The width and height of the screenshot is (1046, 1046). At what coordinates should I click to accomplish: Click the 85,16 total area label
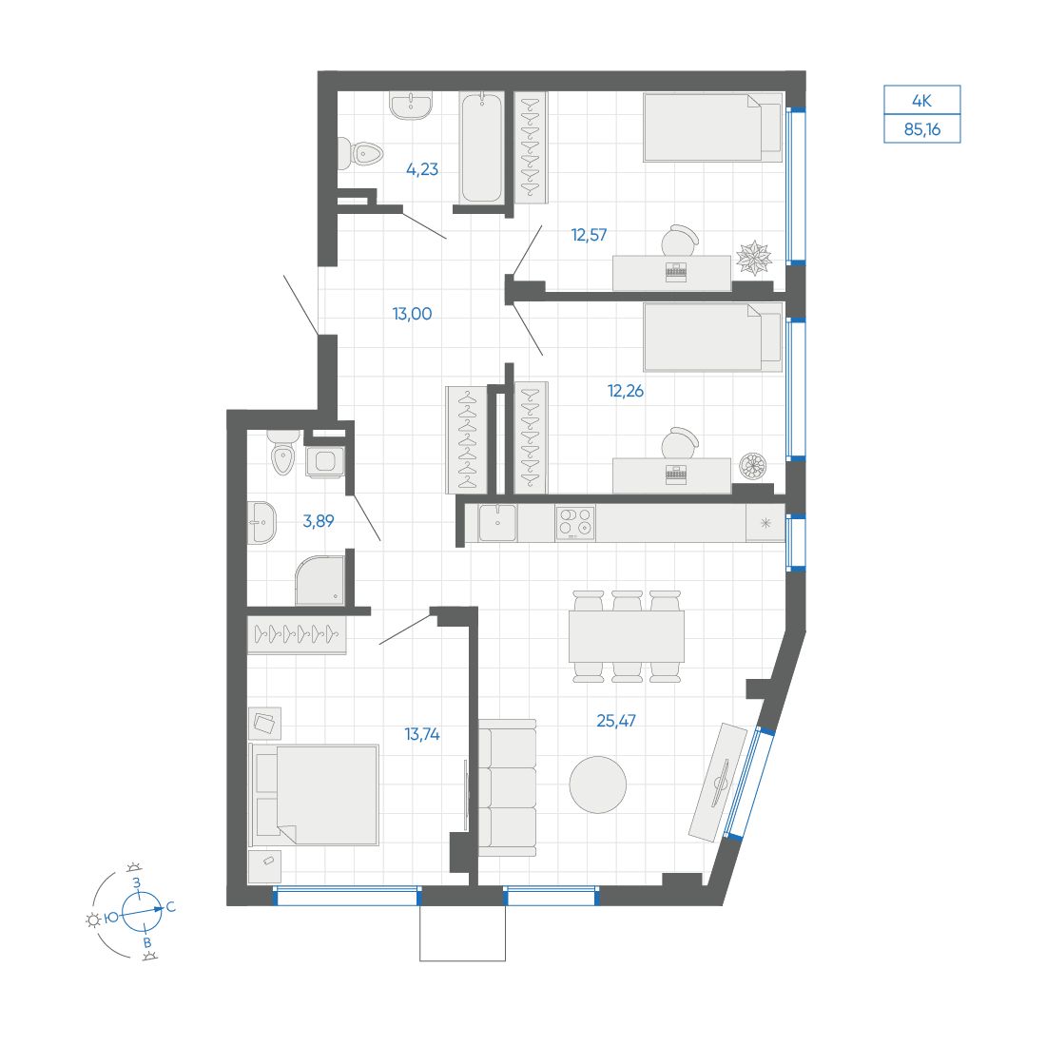[x=921, y=129]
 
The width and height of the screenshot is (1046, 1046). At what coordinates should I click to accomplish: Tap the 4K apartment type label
[x=921, y=100]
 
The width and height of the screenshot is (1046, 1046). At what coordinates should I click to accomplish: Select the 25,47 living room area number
[x=615, y=721]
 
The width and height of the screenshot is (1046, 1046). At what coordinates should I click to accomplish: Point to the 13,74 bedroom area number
[x=422, y=733]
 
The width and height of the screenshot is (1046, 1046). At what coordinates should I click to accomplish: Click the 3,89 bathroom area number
[x=318, y=521]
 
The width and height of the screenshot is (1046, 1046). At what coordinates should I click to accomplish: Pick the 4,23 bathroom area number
[x=421, y=170]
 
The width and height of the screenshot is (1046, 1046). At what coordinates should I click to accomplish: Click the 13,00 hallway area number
[x=412, y=313]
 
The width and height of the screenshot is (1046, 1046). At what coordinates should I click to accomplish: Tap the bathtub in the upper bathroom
[x=481, y=147]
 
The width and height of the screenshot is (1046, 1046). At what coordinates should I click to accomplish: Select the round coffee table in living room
[x=597, y=784]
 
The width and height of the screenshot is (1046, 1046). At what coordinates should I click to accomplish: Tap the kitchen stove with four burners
[x=574, y=523]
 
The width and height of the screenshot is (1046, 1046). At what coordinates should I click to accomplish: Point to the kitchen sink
[x=496, y=522]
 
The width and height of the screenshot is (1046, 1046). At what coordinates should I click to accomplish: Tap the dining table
[x=627, y=636]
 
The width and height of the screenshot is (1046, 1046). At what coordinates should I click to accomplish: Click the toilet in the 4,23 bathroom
[x=359, y=153]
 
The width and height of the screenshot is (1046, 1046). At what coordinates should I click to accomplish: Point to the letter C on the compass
[x=171, y=908]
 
